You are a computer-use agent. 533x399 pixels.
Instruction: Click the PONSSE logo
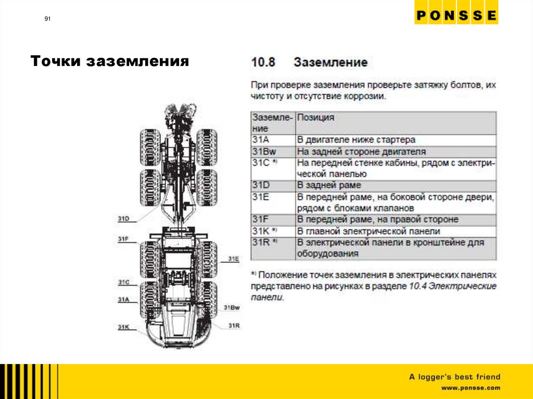[x=456, y=16]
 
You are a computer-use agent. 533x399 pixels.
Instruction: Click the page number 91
[x=47, y=19]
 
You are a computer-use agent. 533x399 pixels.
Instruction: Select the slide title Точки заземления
[x=109, y=62]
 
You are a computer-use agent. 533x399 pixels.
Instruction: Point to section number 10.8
[x=263, y=63]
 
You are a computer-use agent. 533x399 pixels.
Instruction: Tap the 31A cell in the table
[x=260, y=140]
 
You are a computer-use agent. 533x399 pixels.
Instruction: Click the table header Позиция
[x=315, y=118]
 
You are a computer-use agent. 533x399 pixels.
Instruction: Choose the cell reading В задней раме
[x=329, y=185]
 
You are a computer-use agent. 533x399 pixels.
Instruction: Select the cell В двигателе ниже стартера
[x=356, y=140]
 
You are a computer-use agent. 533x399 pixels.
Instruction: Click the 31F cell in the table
[x=260, y=220]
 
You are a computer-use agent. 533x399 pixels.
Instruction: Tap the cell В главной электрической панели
[x=369, y=231]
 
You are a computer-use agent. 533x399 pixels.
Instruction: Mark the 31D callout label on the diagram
[x=123, y=218]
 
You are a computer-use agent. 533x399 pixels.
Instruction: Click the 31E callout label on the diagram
[x=233, y=259]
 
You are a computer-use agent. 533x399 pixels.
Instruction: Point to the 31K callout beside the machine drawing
[x=123, y=327]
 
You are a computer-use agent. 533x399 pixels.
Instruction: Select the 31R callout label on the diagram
[x=234, y=326]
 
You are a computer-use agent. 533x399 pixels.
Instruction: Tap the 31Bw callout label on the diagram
[x=232, y=308]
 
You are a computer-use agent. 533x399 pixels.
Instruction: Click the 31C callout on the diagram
[x=123, y=282]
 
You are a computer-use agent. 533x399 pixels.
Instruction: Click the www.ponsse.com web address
[x=471, y=388]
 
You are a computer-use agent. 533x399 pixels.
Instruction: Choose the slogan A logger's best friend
[x=454, y=377]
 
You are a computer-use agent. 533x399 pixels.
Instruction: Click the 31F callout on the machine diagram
[x=123, y=239]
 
